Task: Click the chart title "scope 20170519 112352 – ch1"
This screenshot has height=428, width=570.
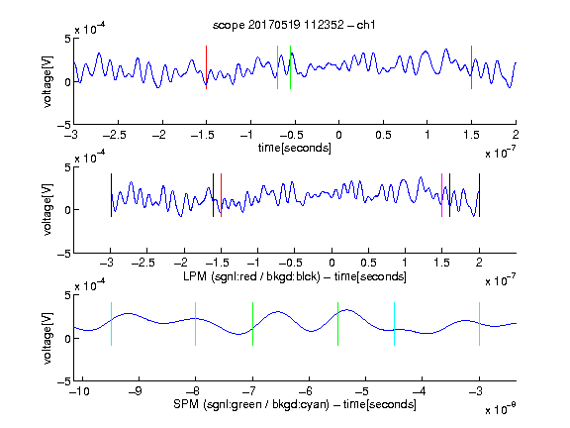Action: coord(294,25)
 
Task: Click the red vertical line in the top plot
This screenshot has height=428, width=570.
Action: coord(206,67)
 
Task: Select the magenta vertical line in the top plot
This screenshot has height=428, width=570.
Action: coord(471,67)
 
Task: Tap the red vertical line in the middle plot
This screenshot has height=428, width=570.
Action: coord(221,195)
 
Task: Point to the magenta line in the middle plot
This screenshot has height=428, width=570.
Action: coord(441,195)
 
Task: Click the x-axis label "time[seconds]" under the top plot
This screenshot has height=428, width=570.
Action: coord(295,148)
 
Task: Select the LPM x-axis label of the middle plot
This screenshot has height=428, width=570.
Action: coord(295,276)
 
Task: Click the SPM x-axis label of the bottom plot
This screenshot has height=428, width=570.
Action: coord(295,404)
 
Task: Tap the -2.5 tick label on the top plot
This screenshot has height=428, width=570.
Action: coord(115,135)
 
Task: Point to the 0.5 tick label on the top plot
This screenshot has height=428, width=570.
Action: coord(383,135)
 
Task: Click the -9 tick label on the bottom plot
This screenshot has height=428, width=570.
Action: coord(136,391)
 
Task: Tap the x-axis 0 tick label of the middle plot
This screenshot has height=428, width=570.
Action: coord(332,263)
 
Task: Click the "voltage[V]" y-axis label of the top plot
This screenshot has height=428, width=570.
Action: coord(47,81)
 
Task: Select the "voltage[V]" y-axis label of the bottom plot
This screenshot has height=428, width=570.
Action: coord(47,338)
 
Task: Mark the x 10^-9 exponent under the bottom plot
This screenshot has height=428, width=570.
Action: coord(500,409)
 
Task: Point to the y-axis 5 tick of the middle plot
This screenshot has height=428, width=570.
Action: coord(67,167)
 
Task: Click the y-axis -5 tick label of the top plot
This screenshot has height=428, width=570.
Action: coord(64,125)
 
